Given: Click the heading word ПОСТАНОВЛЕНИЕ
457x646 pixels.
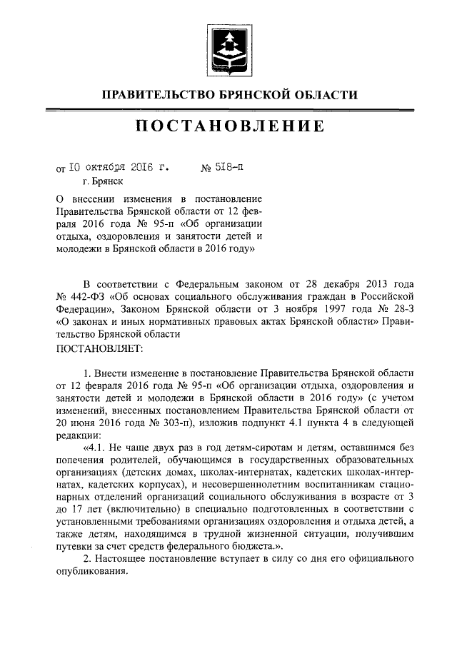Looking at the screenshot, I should point(229,127).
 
